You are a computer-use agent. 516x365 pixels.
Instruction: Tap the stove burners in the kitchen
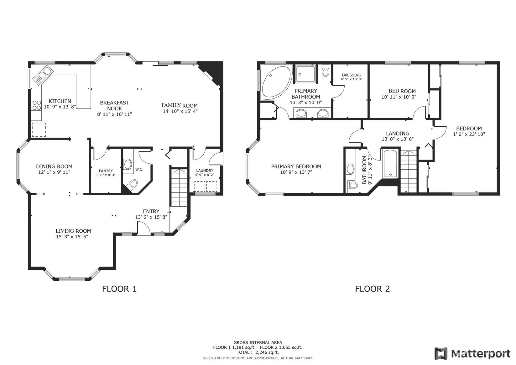pyautogui.click(x=37, y=105)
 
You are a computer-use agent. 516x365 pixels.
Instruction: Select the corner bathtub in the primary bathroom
pyautogui.click(x=275, y=82)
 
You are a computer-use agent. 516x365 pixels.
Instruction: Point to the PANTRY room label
pyautogui.click(x=106, y=171)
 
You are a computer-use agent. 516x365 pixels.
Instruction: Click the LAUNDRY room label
pyautogui.click(x=205, y=171)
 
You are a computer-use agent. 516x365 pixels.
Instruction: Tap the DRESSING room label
pyautogui.click(x=352, y=75)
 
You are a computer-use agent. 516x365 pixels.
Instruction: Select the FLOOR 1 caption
pyautogui.click(x=119, y=288)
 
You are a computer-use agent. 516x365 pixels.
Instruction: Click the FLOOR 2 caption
pyautogui.click(x=372, y=288)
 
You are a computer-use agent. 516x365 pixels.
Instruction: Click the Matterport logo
pyautogui.click(x=472, y=353)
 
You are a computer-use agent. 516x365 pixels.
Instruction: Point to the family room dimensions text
pyautogui.click(x=180, y=111)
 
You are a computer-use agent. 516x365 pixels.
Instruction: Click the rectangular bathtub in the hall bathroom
pyautogui.click(x=390, y=164)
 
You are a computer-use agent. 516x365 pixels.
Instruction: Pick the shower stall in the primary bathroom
pyautogui.click(x=305, y=75)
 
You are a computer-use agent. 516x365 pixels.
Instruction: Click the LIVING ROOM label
pyautogui.click(x=73, y=231)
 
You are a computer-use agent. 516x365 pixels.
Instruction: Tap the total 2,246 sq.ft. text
pyautogui.click(x=258, y=352)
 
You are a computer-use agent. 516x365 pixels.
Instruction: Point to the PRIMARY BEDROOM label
pyautogui.click(x=296, y=167)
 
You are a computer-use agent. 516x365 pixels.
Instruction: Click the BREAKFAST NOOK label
pyautogui.click(x=114, y=105)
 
